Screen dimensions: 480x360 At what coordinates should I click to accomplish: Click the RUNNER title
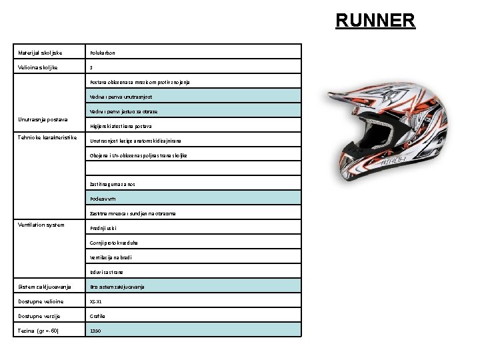[375, 20]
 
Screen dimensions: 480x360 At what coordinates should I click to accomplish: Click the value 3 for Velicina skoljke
[91, 67]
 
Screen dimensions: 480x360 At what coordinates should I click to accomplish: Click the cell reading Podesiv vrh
[105, 198]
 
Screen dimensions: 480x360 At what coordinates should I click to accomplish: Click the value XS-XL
[97, 301]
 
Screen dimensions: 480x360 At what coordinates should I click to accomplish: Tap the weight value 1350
[96, 331]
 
